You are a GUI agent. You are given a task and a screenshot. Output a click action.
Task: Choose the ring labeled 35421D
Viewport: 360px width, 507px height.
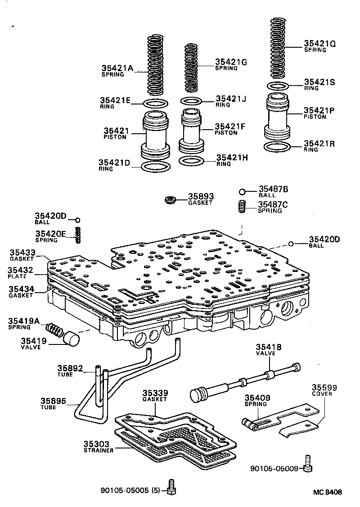point(156,167)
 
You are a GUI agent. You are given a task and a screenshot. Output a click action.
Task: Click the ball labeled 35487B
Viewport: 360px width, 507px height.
point(242,192)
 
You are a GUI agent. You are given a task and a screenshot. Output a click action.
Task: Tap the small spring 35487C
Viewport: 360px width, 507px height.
point(242,208)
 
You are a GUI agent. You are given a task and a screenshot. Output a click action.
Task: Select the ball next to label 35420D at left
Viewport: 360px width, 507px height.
point(77,220)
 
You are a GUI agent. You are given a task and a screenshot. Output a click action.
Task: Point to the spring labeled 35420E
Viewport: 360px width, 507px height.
point(78,235)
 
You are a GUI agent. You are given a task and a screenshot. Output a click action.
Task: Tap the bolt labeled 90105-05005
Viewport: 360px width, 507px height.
point(171,487)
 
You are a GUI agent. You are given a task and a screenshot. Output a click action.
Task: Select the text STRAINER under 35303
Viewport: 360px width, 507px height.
point(98,450)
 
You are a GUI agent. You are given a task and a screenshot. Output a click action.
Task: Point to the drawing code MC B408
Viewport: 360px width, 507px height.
point(327,492)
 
